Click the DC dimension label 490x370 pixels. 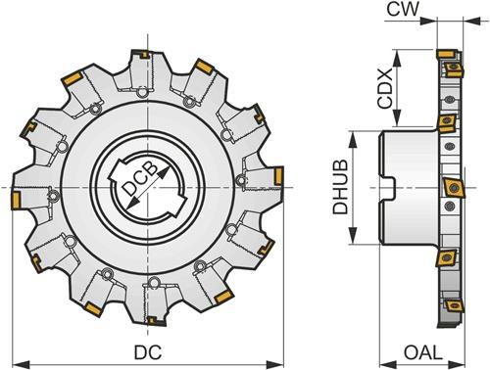(148, 352)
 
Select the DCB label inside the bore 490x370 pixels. (141, 179)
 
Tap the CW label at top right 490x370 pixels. (403, 9)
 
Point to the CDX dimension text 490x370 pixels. (384, 88)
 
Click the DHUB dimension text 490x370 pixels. (340, 187)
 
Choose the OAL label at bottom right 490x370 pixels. (423, 352)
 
